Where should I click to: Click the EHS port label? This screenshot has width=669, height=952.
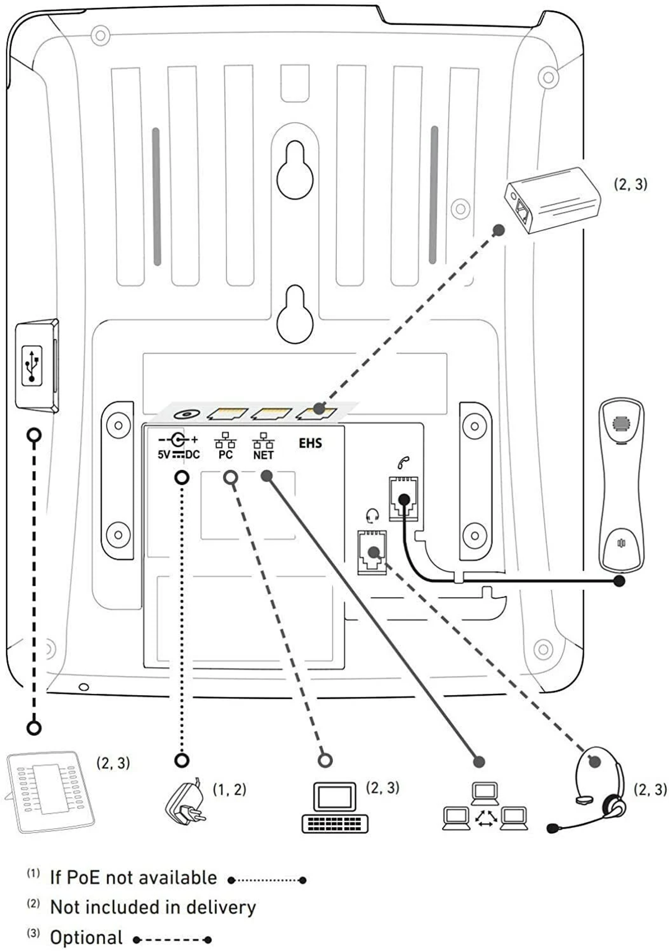tap(311, 443)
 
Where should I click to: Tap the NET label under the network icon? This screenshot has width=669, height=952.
tap(264, 455)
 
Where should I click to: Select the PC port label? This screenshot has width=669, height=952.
tap(226, 455)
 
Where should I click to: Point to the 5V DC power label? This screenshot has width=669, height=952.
tap(178, 454)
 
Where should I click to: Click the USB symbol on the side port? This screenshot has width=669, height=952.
tap(32, 366)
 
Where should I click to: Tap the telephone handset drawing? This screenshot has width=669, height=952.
tap(621, 484)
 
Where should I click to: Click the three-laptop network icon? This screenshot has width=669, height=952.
tap(485, 806)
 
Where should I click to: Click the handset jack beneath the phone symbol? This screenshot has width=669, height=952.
tap(404, 497)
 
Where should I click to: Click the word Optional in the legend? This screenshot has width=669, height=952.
tap(86, 938)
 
